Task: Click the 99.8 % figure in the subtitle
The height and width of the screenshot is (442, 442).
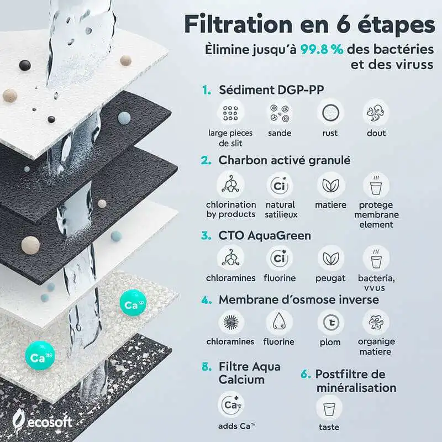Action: coord(322,48)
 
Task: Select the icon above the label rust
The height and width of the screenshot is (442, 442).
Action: coord(330,113)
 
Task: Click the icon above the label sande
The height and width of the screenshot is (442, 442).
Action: coord(280,113)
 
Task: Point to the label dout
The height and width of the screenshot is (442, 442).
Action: coord(376,133)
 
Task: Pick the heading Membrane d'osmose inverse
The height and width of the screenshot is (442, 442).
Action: coord(298,300)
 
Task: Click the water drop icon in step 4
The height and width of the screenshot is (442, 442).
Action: coord(280,322)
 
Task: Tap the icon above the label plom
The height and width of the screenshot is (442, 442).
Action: coord(330,322)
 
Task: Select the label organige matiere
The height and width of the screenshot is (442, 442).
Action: coord(376,346)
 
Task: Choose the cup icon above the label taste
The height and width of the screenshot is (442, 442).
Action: coord(329,408)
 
